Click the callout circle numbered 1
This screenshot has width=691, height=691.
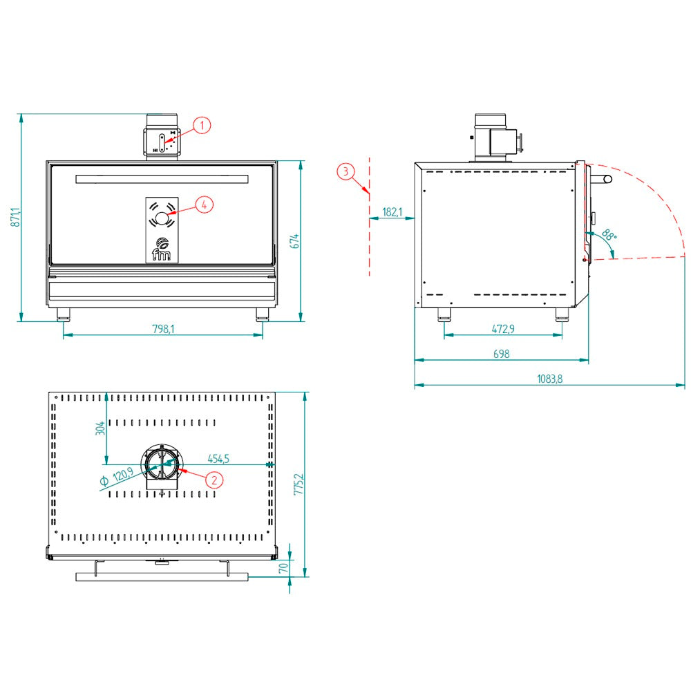pyautogui.click(x=202, y=126)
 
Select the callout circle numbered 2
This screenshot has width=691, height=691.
pyautogui.click(x=215, y=480)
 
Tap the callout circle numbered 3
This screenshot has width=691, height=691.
pyautogui.click(x=346, y=171)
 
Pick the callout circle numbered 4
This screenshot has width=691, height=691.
pyautogui.click(x=204, y=205)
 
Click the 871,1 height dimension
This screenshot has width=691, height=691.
pyautogui.click(x=15, y=217)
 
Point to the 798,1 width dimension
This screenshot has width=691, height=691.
pyautogui.click(x=163, y=329)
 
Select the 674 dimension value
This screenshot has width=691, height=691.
pyautogui.click(x=294, y=241)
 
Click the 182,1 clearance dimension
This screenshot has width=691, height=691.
pyautogui.click(x=392, y=212)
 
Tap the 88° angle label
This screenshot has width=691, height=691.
pyautogui.click(x=609, y=234)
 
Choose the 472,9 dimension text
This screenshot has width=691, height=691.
pyautogui.click(x=503, y=329)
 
